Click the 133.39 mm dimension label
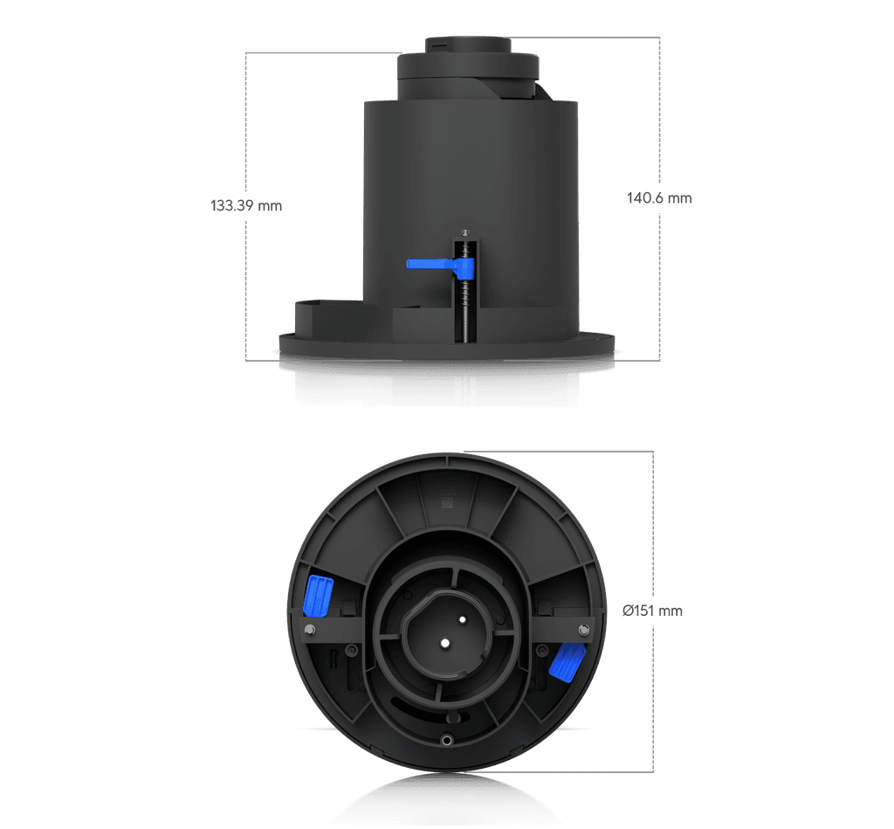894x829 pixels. click(x=246, y=205)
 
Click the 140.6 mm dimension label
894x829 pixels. click(x=659, y=198)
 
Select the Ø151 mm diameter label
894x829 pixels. click(x=652, y=611)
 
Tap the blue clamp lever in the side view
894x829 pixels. click(x=440, y=266)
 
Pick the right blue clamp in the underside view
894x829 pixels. click(x=567, y=661)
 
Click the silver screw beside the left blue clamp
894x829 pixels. click(x=310, y=630)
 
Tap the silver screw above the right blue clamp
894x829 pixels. click(x=583, y=630)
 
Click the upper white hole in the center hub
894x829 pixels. click(x=463, y=619)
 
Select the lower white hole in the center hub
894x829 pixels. click(x=444, y=643)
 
